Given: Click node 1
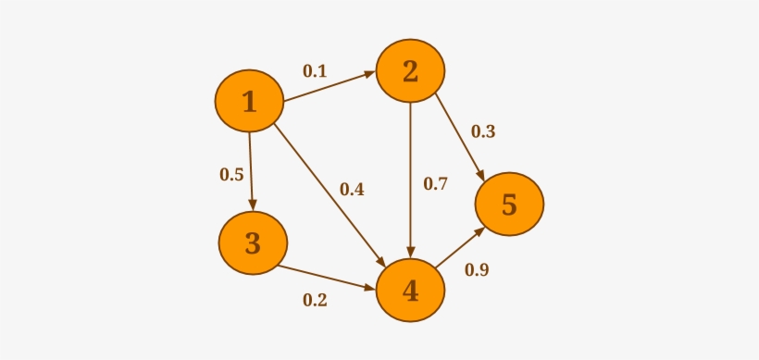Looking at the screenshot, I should pos(249,101).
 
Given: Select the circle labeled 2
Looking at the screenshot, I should pos(410,71).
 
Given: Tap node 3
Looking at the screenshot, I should pos(253,243).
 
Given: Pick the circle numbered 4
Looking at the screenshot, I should pos(410,292).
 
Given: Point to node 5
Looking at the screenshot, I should pos(509,205).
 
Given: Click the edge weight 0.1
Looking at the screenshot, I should pos(315,70).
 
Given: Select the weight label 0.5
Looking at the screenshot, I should pos(231,173).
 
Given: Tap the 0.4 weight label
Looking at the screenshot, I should pos(352,190).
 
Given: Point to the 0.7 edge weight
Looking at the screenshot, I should pos(435,183).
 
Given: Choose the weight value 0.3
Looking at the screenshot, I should pos(483,131).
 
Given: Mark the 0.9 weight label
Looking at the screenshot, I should pos(477,270).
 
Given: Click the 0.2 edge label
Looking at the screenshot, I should pos(315,300).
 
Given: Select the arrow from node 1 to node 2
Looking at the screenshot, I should pos(329,87).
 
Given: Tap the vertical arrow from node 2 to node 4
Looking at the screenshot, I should pos(410,180).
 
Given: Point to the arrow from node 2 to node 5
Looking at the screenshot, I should pos(459,135).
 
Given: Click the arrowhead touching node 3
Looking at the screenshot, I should pos(252,205).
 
